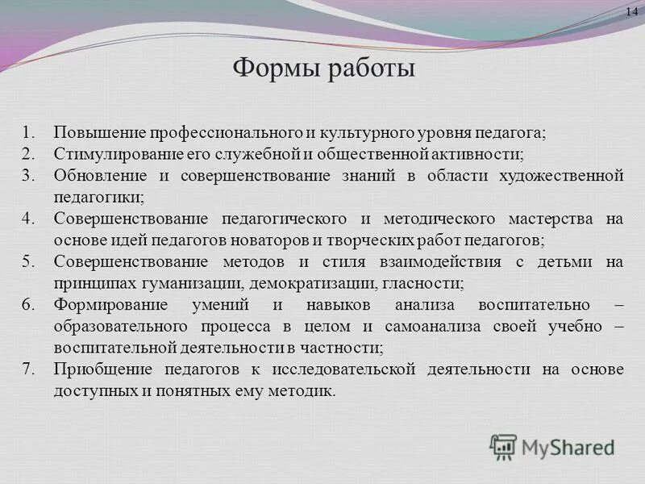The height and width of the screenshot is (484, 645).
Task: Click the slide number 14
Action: pos(631,10)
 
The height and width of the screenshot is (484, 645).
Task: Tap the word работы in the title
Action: pos(371,67)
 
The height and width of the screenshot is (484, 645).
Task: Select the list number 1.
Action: pos(28,131)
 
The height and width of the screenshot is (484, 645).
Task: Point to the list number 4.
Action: pos(28,219)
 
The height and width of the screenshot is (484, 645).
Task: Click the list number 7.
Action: pos(28,369)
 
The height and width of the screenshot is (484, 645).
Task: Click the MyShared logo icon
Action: pos(503,446)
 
